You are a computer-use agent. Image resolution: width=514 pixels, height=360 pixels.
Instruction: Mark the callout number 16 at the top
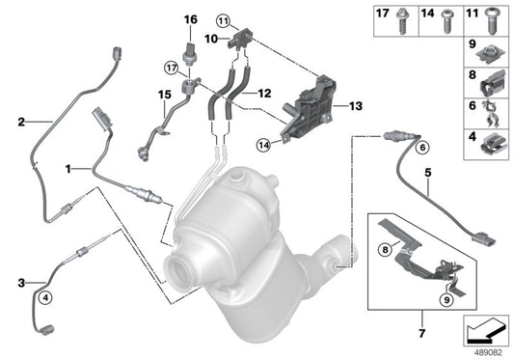pos(190,19)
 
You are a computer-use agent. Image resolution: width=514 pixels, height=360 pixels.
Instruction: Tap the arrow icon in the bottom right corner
pos(484,332)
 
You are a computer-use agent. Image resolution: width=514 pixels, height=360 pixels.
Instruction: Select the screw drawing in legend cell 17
pos(402,22)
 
